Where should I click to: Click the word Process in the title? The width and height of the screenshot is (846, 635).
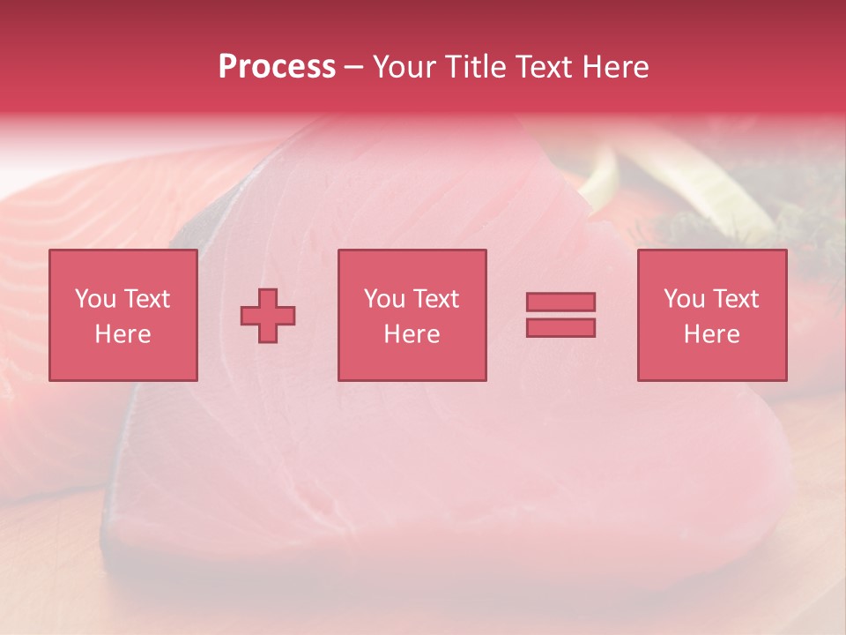pyautogui.click(x=277, y=67)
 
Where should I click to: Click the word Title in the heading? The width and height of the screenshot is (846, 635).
pyautogui.click(x=475, y=67)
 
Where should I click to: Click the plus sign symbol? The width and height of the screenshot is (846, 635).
pyautogui.click(x=268, y=316)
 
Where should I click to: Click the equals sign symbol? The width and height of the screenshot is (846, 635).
pyautogui.click(x=560, y=315)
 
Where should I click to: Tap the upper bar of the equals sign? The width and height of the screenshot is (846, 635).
pyautogui.click(x=560, y=303)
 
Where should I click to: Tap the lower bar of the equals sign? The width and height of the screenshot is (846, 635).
pyautogui.click(x=560, y=327)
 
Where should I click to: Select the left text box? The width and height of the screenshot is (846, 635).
pyautogui.click(x=123, y=315)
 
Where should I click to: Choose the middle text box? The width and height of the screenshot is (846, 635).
pyautogui.click(x=412, y=315)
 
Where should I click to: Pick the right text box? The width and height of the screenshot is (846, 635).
pyautogui.click(x=712, y=315)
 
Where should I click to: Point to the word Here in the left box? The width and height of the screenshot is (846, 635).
pyautogui.click(x=123, y=334)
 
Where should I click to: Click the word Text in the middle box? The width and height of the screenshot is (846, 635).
pyautogui.click(x=435, y=299)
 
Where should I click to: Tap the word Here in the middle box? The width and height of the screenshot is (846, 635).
pyautogui.click(x=412, y=334)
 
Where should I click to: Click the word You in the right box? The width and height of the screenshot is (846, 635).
pyautogui.click(x=684, y=299)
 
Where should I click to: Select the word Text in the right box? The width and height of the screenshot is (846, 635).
pyautogui.click(x=736, y=299)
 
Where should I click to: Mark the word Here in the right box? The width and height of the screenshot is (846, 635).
pyautogui.click(x=712, y=334)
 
